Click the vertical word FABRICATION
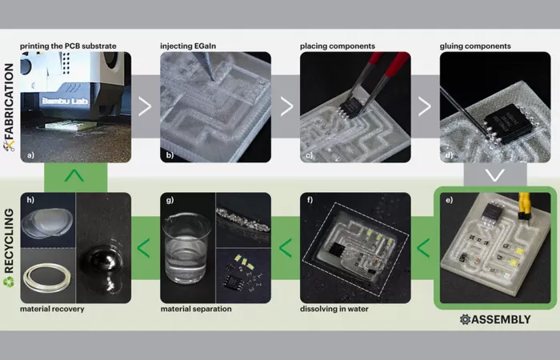(x=10, y=102)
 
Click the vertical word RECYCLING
(x=9, y=241)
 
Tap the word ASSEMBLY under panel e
(x=501, y=319)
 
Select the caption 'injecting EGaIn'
(x=188, y=46)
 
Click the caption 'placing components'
(x=338, y=46)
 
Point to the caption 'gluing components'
(x=475, y=46)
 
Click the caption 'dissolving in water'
(x=334, y=309)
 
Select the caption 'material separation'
(x=196, y=309)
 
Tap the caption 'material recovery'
(x=52, y=309)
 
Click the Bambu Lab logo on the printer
(x=65, y=101)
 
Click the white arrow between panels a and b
(x=145, y=106)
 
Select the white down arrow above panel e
(x=495, y=174)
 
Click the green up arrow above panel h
(x=74, y=175)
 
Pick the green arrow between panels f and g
(x=286, y=248)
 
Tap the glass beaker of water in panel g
(x=186, y=247)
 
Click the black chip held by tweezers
(x=352, y=106)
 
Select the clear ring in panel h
(x=47, y=278)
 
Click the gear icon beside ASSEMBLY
(x=465, y=319)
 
